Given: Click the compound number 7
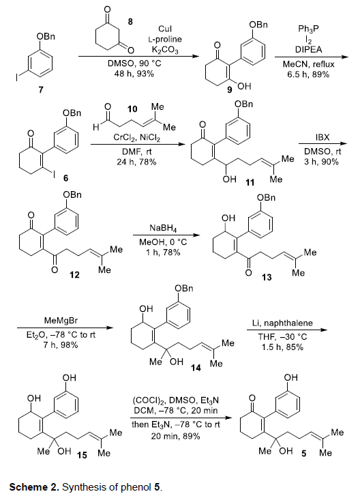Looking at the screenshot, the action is [41, 90].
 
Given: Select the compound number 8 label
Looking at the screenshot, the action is [130, 21].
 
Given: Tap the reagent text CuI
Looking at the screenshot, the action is [165, 29].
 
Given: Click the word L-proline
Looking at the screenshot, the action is [165, 40].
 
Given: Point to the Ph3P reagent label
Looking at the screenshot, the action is [308, 29].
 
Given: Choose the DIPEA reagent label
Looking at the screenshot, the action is [308, 49].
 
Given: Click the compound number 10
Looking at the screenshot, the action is [132, 109].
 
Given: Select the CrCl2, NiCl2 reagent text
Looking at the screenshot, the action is [137, 138].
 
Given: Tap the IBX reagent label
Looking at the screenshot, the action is [322, 138].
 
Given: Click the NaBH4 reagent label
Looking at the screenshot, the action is [163, 228].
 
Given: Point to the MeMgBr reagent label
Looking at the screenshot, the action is [61, 321].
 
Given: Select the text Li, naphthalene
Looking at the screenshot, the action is [282, 323].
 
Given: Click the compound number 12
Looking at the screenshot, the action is [74, 275].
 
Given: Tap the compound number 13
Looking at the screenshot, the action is [267, 277].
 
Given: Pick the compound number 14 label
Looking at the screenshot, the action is [196, 368].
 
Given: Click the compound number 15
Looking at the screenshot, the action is [82, 455].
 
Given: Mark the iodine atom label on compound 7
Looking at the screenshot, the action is [18, 78].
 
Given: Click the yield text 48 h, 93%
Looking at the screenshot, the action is [134, 74].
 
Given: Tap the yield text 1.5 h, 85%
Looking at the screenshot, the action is [282, 347].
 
